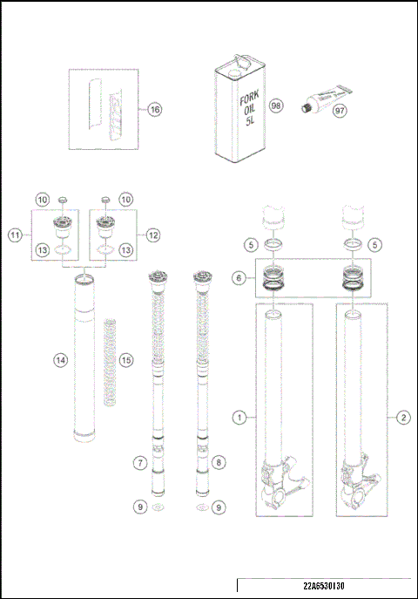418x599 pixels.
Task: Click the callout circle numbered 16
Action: click(153, 110)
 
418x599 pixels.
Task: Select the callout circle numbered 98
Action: click(276, 105)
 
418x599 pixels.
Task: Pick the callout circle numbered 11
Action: click(15, 235)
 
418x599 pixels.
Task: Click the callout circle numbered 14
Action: click(59, 358)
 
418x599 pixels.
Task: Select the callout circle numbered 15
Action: click(126, 360)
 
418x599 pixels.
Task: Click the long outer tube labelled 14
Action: click(84, 357)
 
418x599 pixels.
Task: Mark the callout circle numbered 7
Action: click(138, 462)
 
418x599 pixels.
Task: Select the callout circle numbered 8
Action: click(219, 462)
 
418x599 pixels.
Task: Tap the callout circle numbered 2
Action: click(403, 418)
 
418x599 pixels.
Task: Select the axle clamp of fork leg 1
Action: click(283, 488)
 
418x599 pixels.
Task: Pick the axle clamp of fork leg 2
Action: click(362, 488)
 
